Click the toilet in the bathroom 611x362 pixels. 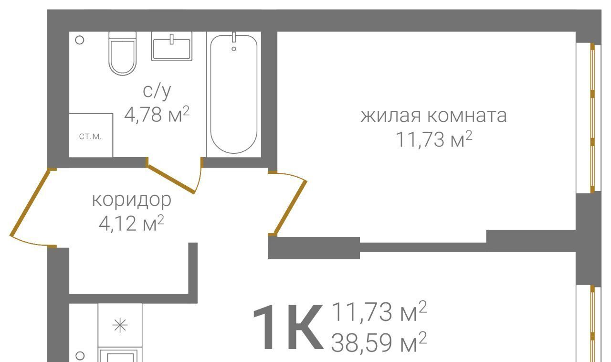(x=123, y=53)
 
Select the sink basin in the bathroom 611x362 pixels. (x=172, y=46)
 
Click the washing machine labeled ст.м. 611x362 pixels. (x=91, y=136)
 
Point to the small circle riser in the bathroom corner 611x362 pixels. (x=79, y=41)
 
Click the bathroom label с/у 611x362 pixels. (x=157, y=91)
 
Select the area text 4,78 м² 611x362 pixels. (x=157, y=115)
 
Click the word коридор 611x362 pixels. (x=132, y=200)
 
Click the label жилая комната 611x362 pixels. (x=434, y=116)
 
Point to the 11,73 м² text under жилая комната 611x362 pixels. (x=434, y=139)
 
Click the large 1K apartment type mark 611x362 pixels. (x=289, y=328)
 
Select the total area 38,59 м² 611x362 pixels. (x=379, y=342)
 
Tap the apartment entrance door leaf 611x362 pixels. (x=30, y=202)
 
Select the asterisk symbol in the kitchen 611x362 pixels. (x=120, y=325)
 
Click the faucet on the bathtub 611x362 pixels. (x=234, y=37)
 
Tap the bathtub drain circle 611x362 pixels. (x=234, y=49)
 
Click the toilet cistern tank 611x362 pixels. (x=123, y=35)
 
